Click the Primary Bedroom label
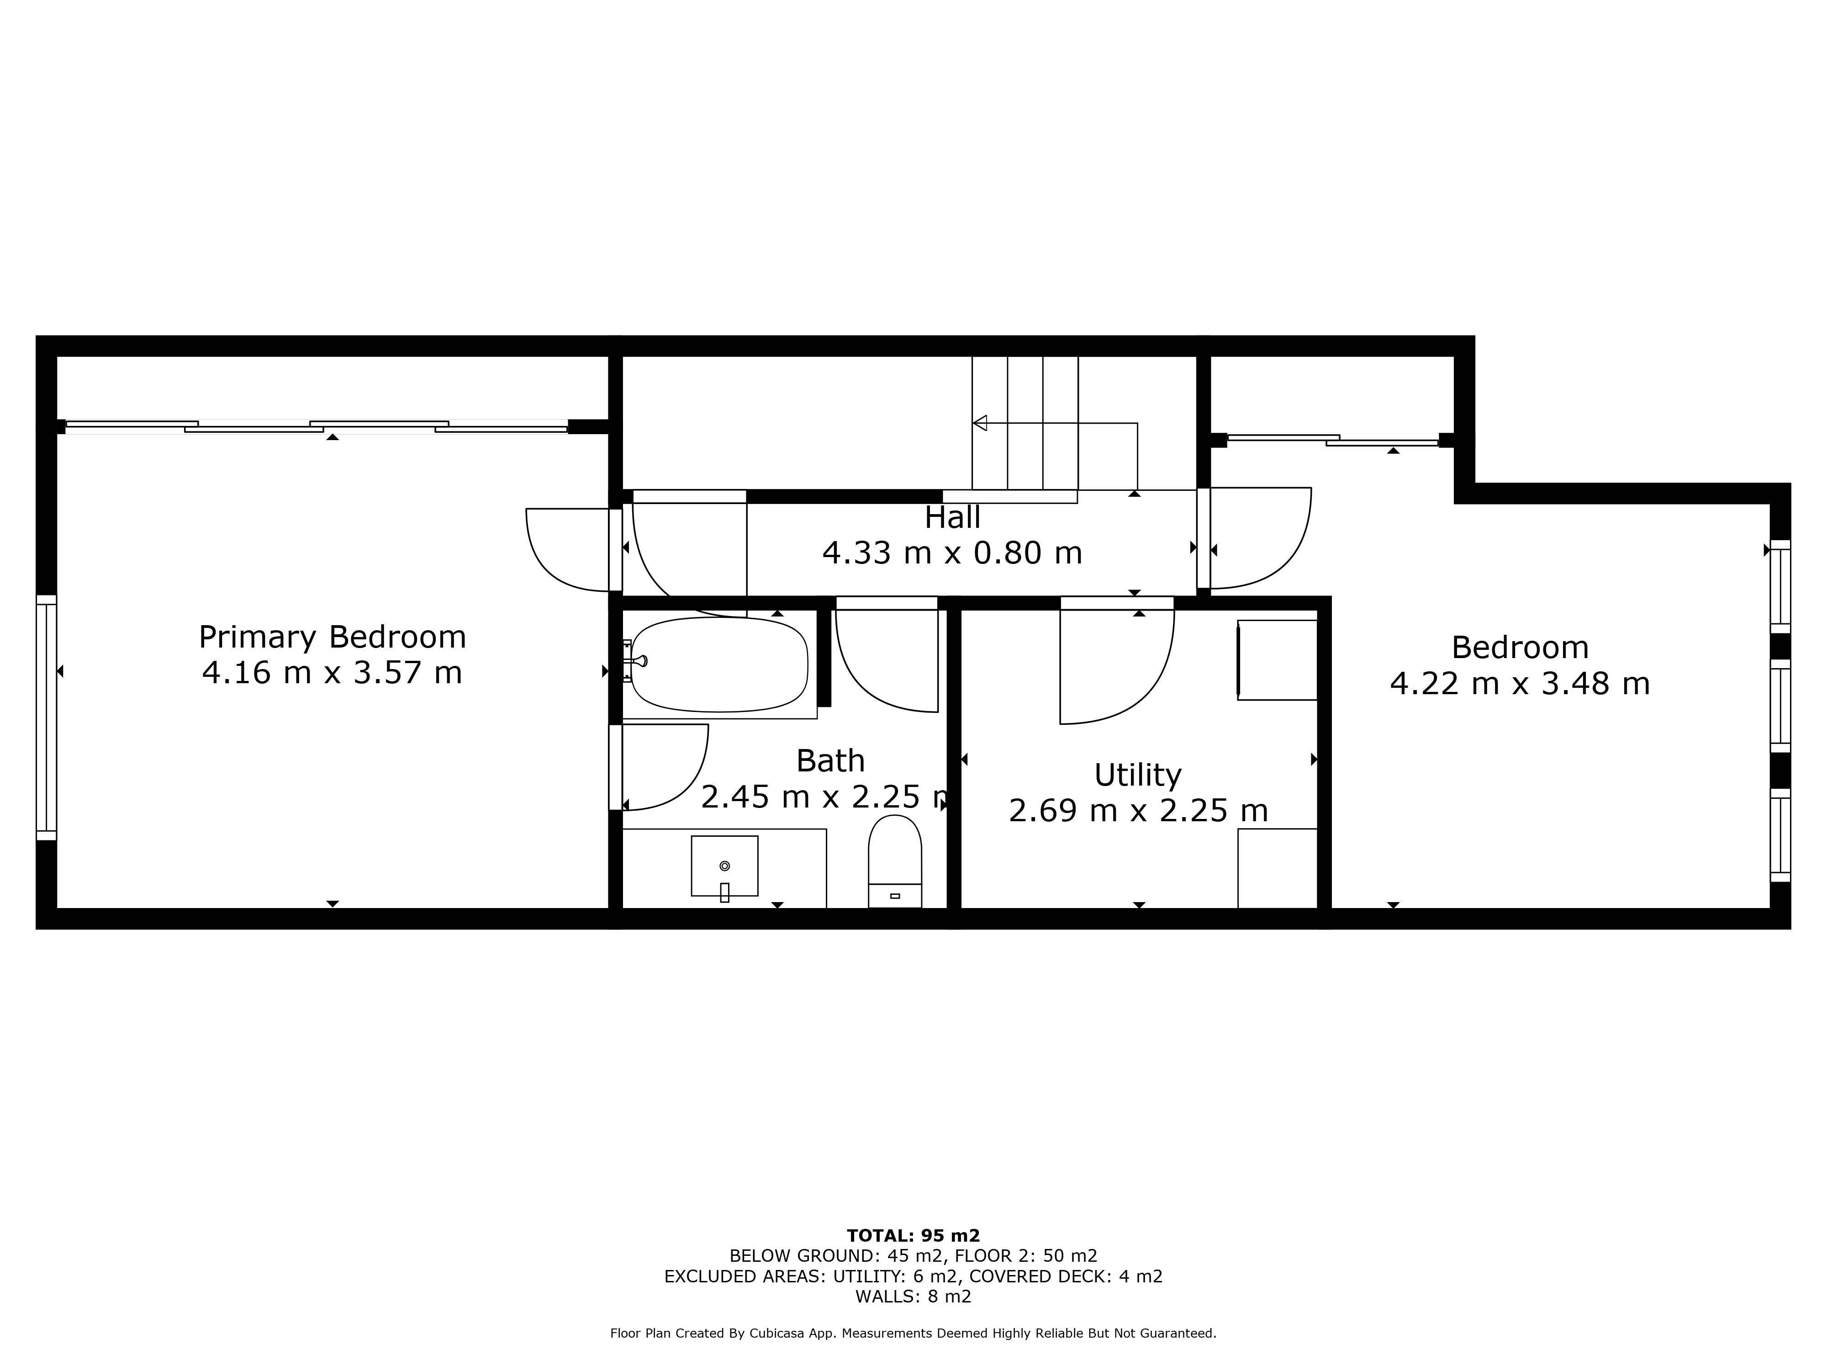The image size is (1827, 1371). (332, 637)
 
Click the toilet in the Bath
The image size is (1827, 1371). (894, 861)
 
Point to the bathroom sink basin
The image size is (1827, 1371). (724, 866)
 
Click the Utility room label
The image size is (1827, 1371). (1137, 775)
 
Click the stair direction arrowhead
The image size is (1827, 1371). (980, 423)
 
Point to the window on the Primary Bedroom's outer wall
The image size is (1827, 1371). (46, 717)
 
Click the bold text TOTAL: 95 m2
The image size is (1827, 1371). (913, 1235)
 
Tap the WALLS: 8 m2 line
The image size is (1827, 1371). (913, 1297)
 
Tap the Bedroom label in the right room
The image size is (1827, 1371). (1520, 647)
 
